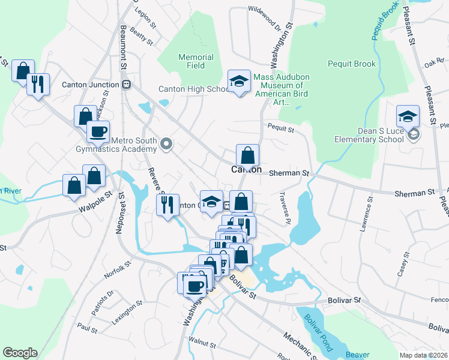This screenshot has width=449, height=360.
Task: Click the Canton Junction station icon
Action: tap(126, 84)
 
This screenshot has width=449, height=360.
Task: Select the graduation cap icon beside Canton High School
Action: tap(239, 82)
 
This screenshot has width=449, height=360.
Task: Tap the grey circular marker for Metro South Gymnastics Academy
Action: tap(167, 143)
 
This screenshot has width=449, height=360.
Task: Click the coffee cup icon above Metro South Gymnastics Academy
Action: tap(98, 131)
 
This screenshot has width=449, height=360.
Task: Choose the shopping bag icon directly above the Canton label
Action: tap(247, 155)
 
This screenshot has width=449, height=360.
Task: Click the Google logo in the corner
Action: tap(20, 353)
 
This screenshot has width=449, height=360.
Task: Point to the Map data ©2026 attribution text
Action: tap(423, 355)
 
